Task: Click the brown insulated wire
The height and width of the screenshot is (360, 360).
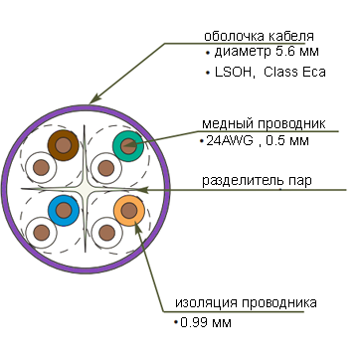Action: [63, 145]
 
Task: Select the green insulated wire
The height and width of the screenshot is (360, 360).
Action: [128, 146]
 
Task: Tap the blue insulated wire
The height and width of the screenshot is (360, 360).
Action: [64, 211]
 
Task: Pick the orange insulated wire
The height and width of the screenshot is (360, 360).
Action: [129, 211]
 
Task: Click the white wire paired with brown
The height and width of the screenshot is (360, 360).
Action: [41, 167]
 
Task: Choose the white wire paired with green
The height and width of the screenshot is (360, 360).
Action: [106, 168]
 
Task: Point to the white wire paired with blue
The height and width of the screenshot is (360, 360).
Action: [41, 233]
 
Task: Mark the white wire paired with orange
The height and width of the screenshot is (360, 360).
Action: [106, 233]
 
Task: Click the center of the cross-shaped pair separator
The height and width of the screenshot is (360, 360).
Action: [85, 189]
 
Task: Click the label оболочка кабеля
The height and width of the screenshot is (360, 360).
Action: [259, 36]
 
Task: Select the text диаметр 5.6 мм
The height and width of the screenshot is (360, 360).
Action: [267, 52]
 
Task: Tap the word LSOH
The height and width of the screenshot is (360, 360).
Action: [235, 73]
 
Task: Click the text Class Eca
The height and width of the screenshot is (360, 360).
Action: [294, 72]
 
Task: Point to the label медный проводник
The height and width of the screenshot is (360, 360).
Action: [264, 124]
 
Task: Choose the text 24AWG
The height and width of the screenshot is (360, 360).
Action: [230, 141]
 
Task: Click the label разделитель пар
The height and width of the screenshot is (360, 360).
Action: [257, 181]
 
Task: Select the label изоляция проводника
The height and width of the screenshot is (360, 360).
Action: [246, 303]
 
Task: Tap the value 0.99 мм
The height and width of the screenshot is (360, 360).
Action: [206, 322]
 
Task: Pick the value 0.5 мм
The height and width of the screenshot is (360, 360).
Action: [287, 141]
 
